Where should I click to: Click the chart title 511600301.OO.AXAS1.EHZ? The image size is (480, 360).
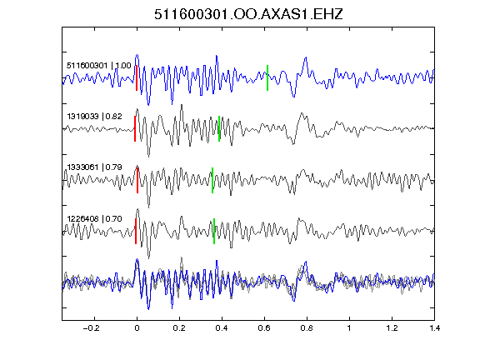click(x=248, y=14)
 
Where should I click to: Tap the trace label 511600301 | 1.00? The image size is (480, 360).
click(x=99, y=66)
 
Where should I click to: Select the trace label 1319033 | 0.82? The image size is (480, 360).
click(x=95, y=117)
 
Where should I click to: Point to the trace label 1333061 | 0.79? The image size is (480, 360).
click(x=95, y=167)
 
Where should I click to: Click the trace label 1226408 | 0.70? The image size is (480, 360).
click(x=95, y=219)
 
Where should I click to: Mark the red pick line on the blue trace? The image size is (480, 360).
click(x=137, y=77)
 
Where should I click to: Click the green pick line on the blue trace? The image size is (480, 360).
click(x=267, y=77)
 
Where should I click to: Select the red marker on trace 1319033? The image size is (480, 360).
click(x=135, y=128)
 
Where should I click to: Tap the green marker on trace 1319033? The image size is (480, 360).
click(x=219, y=128)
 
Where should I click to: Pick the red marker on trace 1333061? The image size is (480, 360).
click(x=137, y=180)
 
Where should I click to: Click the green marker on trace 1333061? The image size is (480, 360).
click(x=212, y=180)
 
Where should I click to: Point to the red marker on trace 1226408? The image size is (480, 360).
click(x=136, y=231)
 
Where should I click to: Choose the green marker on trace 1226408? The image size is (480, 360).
click(x=214, y=231)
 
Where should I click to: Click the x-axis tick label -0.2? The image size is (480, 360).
click(x=91, y=328)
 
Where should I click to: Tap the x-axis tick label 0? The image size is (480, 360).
click(x=137, y=328)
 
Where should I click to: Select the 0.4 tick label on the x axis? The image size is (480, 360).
click(x=222, y=328)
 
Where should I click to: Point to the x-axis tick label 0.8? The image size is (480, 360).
click(x=307, y=328)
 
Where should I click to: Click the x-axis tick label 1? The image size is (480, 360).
click(x=349, y=328)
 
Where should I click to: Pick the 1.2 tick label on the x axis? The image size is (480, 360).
click(x=392, y=328)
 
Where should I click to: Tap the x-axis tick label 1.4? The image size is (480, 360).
click(x=434, y=328)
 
